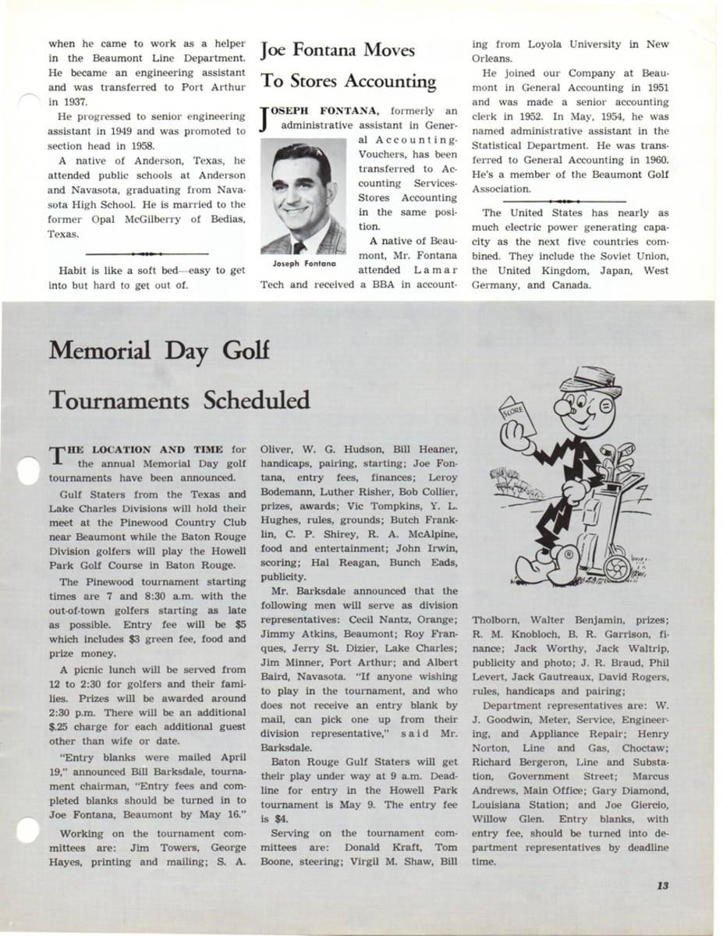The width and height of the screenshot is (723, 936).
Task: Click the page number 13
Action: (662, 885)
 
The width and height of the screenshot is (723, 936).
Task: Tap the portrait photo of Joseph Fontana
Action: (303, 199)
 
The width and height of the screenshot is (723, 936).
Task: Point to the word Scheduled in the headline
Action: (257, 400)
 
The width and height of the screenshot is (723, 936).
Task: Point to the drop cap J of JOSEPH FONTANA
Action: (267, 118)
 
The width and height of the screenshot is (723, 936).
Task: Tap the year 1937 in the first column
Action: (64, 101)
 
